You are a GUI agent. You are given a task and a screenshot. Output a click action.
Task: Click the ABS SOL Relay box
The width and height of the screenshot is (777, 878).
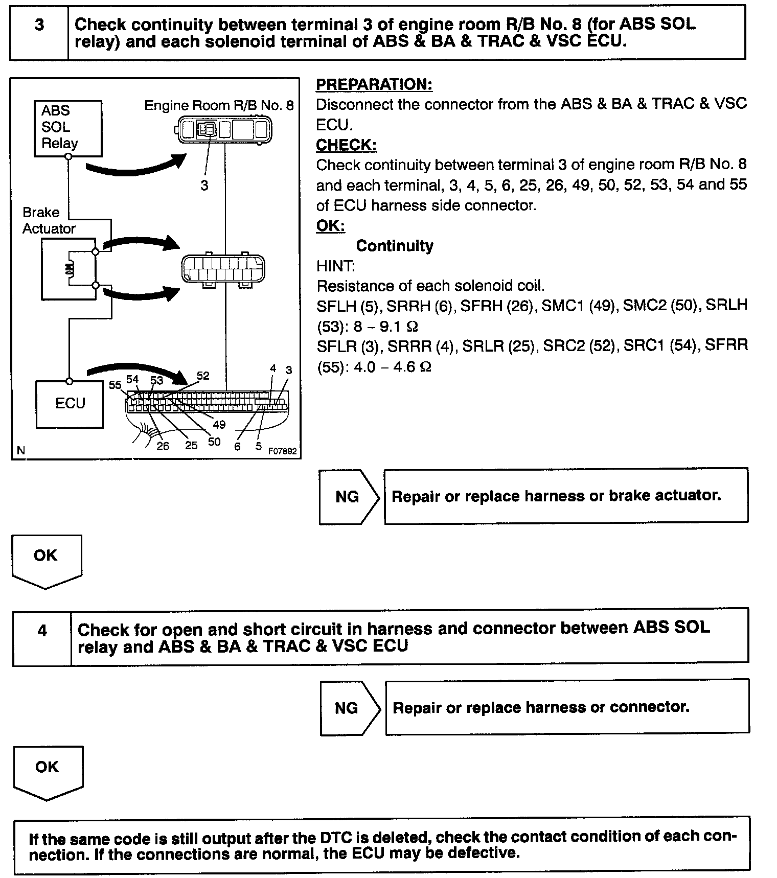68,128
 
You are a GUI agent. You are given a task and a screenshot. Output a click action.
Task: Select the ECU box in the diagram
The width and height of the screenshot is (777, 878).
70,404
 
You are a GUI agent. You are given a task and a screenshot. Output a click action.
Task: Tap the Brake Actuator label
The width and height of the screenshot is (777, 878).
49,220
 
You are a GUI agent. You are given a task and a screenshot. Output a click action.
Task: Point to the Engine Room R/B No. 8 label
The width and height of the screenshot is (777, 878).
219,105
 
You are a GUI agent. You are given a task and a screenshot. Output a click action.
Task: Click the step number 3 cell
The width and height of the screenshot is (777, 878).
39,32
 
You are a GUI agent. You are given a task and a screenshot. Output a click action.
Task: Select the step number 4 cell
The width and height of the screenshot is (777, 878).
42,636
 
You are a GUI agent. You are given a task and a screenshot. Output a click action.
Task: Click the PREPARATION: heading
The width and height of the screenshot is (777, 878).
374,84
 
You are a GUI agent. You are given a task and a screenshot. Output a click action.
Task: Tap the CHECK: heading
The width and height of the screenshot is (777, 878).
346,145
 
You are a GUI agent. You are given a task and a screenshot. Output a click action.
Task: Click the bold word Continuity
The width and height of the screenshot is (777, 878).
395,246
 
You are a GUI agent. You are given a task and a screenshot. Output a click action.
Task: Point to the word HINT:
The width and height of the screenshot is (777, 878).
335,266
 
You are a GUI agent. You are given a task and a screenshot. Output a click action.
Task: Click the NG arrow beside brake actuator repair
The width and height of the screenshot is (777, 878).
348,497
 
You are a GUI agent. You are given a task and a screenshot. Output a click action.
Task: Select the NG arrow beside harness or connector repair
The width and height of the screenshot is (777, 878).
348,708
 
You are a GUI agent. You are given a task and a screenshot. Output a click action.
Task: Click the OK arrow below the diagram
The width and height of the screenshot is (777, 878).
46,560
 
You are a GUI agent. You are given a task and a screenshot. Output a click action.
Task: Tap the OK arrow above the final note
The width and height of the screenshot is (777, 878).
48,771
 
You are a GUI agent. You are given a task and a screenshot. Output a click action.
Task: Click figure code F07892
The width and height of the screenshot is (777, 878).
283,451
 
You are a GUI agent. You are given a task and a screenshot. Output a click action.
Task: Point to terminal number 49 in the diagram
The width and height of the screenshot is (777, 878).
219,425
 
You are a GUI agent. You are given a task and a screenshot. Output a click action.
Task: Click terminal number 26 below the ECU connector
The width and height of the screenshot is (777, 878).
163,446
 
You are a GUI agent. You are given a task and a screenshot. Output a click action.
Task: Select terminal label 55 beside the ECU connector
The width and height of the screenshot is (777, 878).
115,385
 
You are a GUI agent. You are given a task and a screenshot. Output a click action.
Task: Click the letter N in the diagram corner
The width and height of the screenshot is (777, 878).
21,450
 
